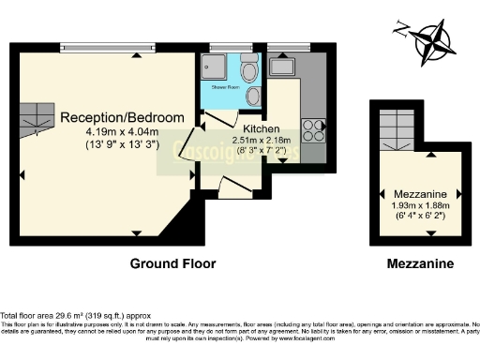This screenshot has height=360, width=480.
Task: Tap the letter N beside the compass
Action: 400,27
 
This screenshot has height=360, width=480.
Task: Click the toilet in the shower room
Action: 249,75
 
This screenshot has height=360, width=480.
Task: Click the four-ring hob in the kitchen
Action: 313,124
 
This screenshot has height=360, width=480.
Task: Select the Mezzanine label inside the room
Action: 419,188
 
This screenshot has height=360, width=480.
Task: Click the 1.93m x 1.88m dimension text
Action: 419,202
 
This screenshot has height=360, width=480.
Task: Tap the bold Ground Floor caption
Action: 172,265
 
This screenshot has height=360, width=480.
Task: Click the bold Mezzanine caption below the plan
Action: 420,265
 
